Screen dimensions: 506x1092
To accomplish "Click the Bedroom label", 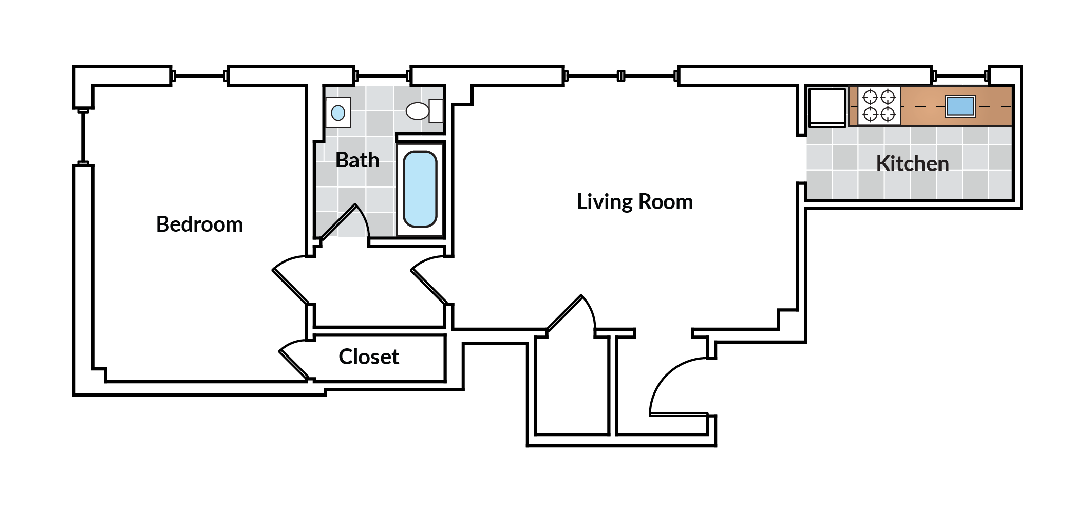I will (x=199, y=224).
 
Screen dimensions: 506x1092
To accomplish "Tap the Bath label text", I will (x=357, y=160).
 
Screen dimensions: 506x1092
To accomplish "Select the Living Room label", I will (x=634, y=202).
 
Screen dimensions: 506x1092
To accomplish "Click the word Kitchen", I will (x=912, y=164).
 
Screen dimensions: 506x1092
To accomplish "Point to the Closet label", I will (x=369, y=357).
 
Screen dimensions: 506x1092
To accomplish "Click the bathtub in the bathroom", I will (x=420, y=189).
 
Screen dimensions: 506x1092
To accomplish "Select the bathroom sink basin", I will (x=338, y=113).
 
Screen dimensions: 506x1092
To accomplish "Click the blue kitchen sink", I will (x=960, y=106).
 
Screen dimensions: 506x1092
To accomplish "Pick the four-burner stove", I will (x=879, y=106).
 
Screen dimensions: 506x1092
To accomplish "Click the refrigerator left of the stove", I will (x=827, y=107).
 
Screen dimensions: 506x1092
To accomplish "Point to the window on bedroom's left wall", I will (x=83, y=137).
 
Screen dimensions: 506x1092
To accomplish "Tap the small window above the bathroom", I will (x=382, y=76).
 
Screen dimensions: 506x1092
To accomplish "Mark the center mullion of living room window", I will (x=621, y=76).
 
